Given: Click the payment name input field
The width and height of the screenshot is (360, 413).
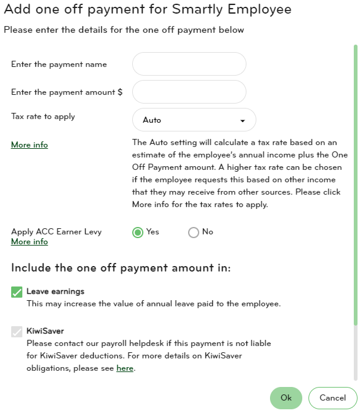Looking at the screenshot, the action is [189, 64].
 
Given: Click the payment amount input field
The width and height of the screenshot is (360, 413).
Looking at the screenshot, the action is [189, 92].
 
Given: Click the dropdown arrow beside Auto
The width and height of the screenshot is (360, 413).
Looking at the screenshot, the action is [243, 120].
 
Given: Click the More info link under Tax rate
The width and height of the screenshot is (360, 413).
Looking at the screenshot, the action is [29, 144].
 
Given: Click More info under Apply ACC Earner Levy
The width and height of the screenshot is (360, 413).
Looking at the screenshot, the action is [29, 241].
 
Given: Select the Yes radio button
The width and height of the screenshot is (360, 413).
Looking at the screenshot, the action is [138, 232].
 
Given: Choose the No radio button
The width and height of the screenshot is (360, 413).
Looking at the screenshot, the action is [194, 232].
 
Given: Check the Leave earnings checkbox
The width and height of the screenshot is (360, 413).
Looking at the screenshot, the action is [17, 292].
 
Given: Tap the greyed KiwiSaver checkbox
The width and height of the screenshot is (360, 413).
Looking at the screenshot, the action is [17, 332].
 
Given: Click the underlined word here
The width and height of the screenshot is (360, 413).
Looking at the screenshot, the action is [125, 368].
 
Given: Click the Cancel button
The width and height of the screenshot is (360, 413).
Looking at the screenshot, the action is [333, 397].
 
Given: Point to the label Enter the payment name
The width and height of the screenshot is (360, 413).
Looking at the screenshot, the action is [59, 64].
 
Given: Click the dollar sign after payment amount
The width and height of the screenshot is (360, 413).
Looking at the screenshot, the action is [120, 92].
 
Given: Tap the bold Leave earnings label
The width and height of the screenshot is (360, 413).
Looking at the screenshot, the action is [55, 291].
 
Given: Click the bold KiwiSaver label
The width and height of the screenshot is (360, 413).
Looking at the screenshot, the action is [45, 331].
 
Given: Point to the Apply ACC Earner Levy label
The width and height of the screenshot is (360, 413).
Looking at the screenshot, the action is [56, 231].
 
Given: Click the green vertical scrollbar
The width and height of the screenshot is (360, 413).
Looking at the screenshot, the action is [356, 186].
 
